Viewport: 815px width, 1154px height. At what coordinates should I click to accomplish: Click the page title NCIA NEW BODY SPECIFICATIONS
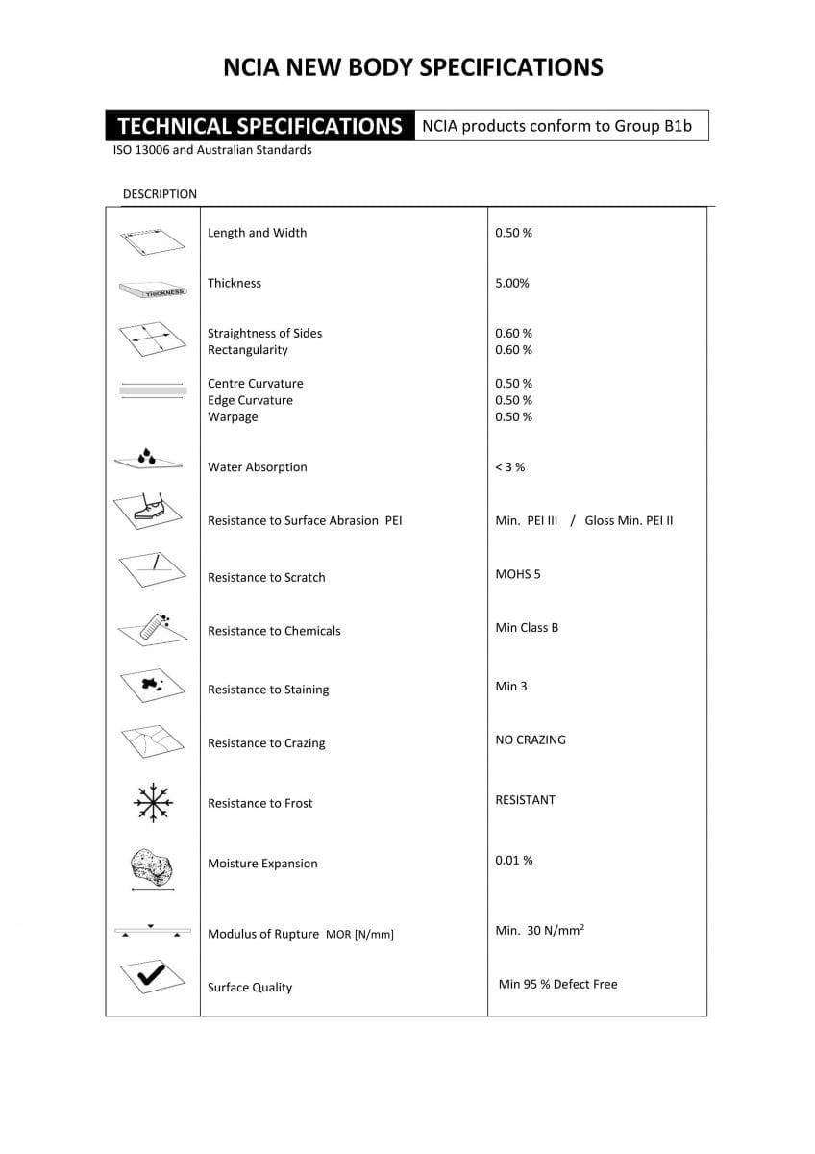[x=412, y=66]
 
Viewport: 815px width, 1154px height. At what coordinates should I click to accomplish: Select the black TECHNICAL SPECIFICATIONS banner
[x=259, y=126]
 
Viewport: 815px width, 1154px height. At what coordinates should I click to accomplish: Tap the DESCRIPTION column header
[x=160, y=194]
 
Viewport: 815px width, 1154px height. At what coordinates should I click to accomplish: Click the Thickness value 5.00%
[x=512, y=283]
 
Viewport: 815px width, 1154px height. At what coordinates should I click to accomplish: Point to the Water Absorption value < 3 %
[x=509, y=467]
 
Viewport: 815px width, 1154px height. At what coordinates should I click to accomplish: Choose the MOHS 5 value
[x=518, y=574]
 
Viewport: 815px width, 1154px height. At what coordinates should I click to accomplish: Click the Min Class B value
[x=527, y=628]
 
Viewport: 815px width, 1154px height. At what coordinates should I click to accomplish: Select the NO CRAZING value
[x=531, y=740]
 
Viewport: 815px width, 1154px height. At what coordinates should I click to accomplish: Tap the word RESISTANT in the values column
[x=525, y=799]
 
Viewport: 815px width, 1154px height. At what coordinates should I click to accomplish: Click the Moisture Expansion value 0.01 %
[x=514, y=860]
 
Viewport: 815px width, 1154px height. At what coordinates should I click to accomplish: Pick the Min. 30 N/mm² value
[x=540, y=931]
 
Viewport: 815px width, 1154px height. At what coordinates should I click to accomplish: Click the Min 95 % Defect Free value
[x=557, y=984]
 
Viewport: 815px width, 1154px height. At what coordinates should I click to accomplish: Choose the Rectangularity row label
[x=248, y=350]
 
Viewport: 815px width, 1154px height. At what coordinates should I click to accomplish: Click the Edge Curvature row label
[x=250, y=400]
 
